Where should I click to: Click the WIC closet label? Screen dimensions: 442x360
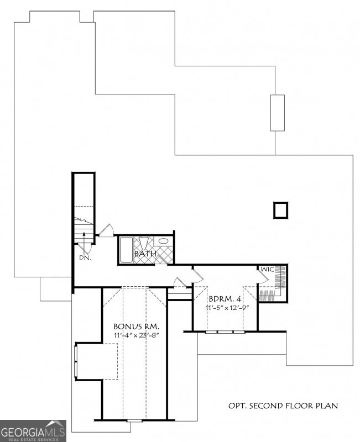[268, 269]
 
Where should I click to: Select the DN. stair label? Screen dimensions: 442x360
[84, 257]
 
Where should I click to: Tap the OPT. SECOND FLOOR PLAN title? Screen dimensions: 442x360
[283, 406]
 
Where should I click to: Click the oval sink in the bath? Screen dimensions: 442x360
[164, 241]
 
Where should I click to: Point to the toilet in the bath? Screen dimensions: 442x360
[143, 244]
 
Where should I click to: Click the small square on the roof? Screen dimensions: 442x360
[281, 210]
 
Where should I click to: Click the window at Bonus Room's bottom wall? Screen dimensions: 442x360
[134, 421]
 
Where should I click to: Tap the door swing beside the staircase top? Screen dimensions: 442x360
[106, 230]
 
